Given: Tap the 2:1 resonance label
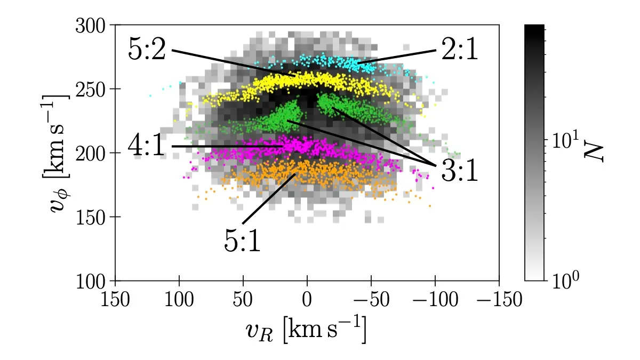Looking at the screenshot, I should [x=459, y=51].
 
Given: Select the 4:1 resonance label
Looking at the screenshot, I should [x=147, y=146].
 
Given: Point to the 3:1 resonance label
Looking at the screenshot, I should [x=459, y=171].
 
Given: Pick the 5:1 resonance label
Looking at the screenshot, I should [x=243, y=241].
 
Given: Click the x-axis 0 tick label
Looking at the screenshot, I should [x=307, y=299].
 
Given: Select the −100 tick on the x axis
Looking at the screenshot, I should [x=435, y=299].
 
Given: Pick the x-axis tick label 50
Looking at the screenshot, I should [x=243, y=299].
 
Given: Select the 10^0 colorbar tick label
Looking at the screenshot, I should [x=564, y=279].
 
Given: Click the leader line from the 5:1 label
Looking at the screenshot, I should [x=269, y=198].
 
